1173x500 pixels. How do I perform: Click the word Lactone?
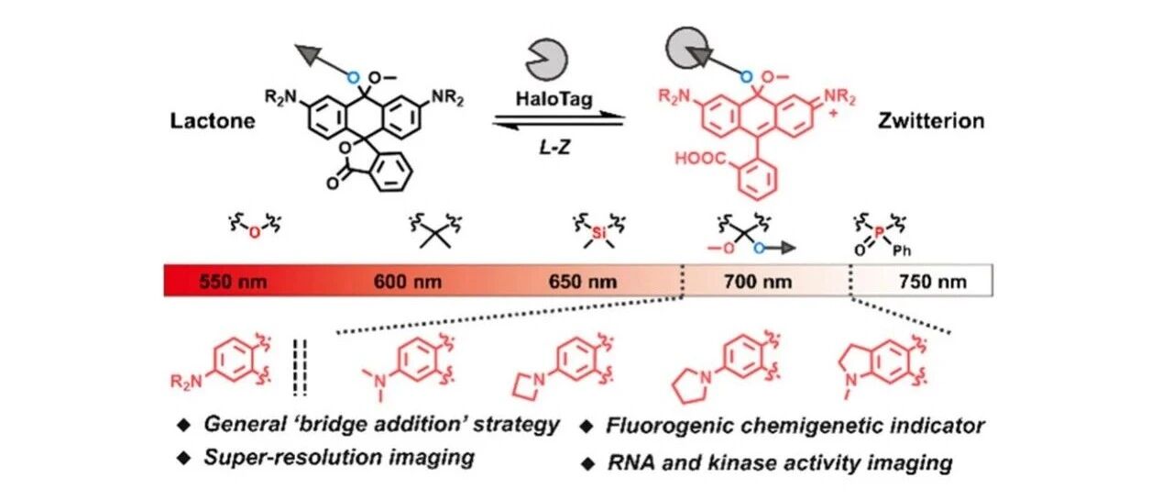(213, 121)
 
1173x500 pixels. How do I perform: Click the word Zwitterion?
(931, 121)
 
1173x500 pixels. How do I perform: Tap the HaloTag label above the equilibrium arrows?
(554, 98)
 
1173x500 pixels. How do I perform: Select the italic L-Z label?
(554, 148)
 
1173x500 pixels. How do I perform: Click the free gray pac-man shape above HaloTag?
(546, 60)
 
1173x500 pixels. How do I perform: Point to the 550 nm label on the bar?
(233, 282)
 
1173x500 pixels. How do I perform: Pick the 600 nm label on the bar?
(408, 282)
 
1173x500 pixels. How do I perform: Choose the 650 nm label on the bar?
(582, 282)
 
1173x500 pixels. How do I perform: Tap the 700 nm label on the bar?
(758, 282)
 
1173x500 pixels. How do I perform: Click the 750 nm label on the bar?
(933, 282)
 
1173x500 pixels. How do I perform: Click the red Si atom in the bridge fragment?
(598, 232)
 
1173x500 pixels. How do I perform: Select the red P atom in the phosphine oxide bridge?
(880, 232)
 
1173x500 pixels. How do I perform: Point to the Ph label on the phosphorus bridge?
(902, 251)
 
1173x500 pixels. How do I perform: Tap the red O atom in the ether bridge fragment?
(255, 233)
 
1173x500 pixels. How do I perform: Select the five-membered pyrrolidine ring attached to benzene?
(692, 385)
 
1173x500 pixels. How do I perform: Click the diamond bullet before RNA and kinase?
(587, 463)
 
